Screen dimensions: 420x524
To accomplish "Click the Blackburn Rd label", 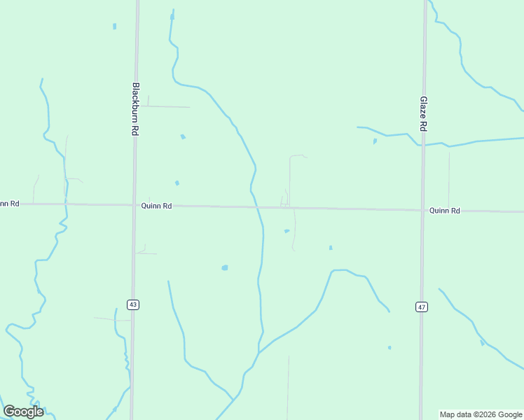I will pyautogui.click(x=136, y=109).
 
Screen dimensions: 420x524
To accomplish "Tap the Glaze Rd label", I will pyautogui.click(x=423, y=114).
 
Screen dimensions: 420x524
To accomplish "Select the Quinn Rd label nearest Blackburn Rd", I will pyautogui.click(x=156, y=206).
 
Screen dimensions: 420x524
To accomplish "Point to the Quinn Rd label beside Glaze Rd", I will pyautogui.click(x=444, y=210).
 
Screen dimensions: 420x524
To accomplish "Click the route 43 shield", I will pyautogui.click(x=133, y=304).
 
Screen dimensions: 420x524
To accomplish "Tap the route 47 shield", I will pyautogui.click(x=421, y=307).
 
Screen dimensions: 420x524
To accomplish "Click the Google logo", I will pyautogui.click(x=23, y=412).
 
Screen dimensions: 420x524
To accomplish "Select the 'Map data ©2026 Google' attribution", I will pyautogui.click(x=481, y=414).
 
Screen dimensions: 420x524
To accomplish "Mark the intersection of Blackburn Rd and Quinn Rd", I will pyautogui.click(x=134, y=205).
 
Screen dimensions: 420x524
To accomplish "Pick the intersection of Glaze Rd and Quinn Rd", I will pyautogui.click(x=422, y=209).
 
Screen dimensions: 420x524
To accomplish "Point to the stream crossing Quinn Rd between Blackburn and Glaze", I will pyautogui.click(x=258, y=207).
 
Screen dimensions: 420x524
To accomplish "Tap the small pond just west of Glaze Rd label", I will pyautogui.click(x=375, y=141).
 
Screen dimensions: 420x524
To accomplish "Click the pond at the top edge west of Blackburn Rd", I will pyautogui.click(x=114, y=27).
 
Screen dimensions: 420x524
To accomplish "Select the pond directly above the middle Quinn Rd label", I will pyautogui.click(x=177, y=183).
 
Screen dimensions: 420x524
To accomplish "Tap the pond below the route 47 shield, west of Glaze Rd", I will pyautogui.click(x=389, y=347).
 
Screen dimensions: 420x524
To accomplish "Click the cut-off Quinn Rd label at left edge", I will pyautogui.click(x=9, y=204).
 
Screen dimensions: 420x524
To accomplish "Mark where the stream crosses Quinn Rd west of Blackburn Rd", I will pyautogui.click(x=64, y=204).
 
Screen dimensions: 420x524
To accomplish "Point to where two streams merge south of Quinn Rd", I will pyautogui.click(x=258, y=351).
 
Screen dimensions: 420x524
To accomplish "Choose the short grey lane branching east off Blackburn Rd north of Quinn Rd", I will pyautogui.click(x=168, y=106).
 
